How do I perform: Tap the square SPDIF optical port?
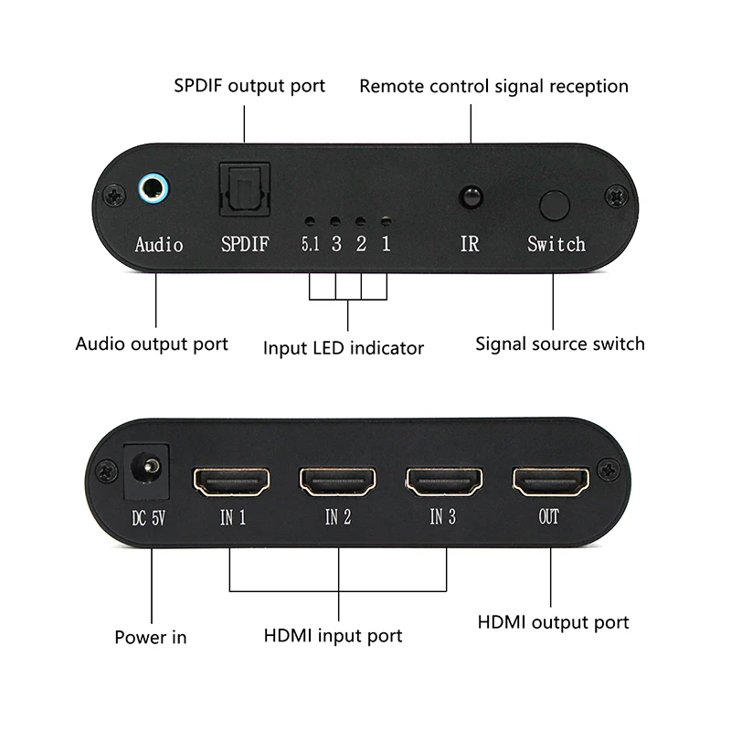tap(244, 191)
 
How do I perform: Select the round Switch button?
tap(555, 205)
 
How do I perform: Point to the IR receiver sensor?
tap(471, 196)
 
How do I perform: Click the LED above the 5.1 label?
tap(311, 222)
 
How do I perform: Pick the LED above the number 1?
tap(386, 222)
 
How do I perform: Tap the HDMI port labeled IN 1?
tap(232, 482)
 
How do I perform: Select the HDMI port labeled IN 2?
tap(338, 482)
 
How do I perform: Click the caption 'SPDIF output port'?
tap(249, 86)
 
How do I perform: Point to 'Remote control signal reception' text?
tap(493, 86)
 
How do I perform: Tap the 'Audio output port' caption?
tap(152, 344)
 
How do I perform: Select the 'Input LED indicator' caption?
tap(344, 347)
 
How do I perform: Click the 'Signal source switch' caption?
tap(560, 344)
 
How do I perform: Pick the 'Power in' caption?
tap(150, 637)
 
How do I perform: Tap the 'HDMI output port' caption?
tap(554, 622)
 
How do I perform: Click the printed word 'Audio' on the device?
tap(159, 245)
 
